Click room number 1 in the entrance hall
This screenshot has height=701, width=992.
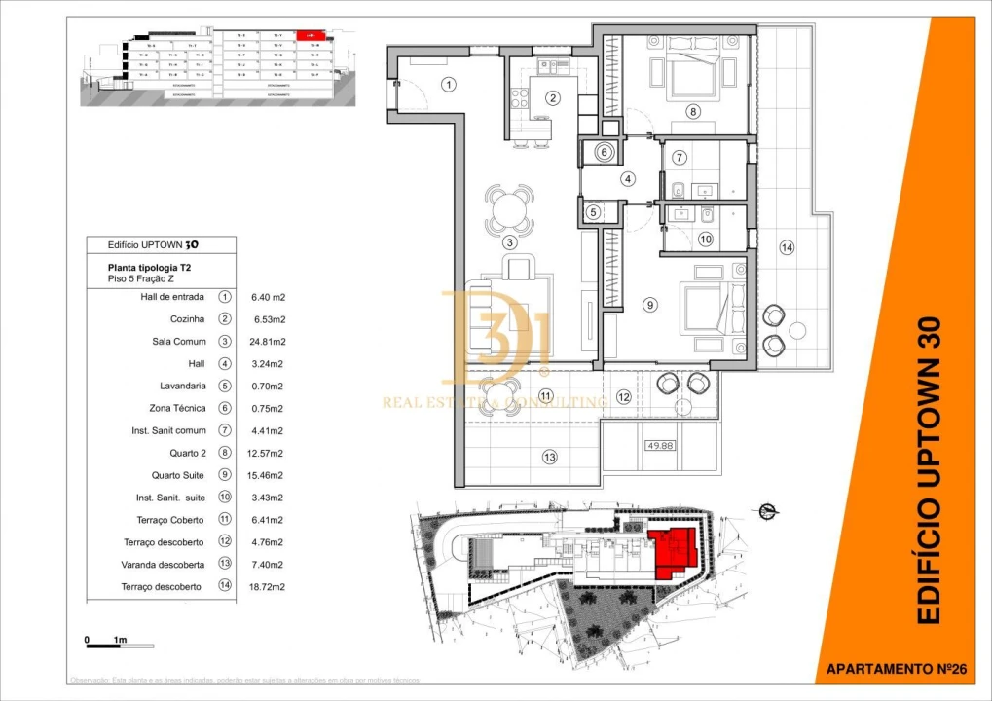click(448, 84)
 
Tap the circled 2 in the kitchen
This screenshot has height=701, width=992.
click(552, 97)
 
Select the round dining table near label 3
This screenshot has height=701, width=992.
click(509, 207)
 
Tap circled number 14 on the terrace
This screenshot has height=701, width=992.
click(787, 248)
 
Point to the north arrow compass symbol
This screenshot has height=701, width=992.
click(767, 508)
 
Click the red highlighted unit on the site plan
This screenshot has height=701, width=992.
click(671, 555)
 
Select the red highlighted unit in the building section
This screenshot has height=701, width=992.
click(311, 35)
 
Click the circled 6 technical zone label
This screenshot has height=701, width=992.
click(604, 153)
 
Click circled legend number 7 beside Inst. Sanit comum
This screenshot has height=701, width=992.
click(225, 430)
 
